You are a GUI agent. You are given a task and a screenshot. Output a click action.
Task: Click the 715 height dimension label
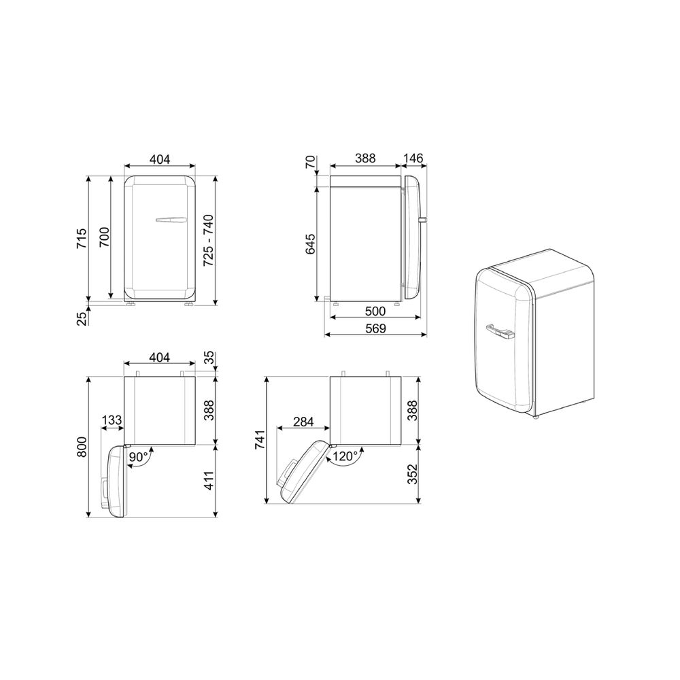82,238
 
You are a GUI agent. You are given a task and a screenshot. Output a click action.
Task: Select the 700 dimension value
105,237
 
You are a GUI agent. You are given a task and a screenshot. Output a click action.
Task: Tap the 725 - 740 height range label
209,240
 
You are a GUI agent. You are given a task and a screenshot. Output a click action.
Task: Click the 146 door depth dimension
413,158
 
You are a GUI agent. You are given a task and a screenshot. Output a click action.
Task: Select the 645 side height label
311,243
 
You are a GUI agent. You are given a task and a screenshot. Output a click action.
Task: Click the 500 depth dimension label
375,311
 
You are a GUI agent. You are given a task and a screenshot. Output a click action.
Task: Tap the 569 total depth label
375,328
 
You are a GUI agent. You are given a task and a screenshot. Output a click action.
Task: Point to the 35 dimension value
209,358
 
